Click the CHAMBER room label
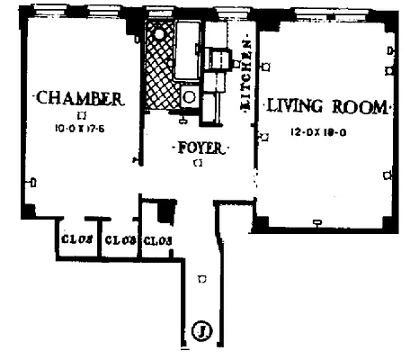(77, 97)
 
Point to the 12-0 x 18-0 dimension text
(318, 132)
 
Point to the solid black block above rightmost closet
(164, 213)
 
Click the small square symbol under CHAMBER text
(82, 114)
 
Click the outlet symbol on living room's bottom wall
(316, 221)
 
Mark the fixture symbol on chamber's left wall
(31, 184)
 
